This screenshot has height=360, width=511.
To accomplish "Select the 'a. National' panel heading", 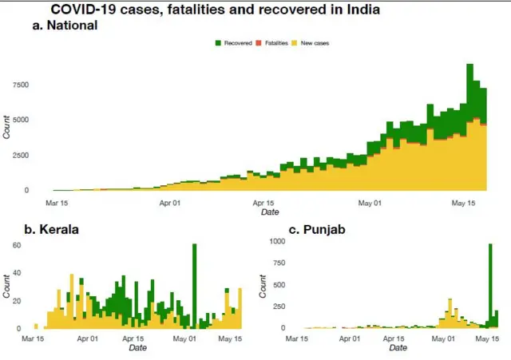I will tap(65, 26).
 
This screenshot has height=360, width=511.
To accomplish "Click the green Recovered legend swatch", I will tap(219, 42).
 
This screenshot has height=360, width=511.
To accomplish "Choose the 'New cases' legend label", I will tap(315, 42).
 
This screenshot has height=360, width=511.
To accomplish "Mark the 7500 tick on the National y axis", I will tap(18, 85).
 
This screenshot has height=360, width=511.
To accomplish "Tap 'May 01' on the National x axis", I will tap(370, 203).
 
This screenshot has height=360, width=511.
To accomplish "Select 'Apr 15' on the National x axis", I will tap(264, 203).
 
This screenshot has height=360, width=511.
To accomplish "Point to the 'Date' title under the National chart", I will tap(270, 212).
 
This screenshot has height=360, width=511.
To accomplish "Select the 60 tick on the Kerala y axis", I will tap(15, 245).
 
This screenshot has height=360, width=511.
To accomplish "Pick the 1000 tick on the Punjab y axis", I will tap(276, 241).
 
